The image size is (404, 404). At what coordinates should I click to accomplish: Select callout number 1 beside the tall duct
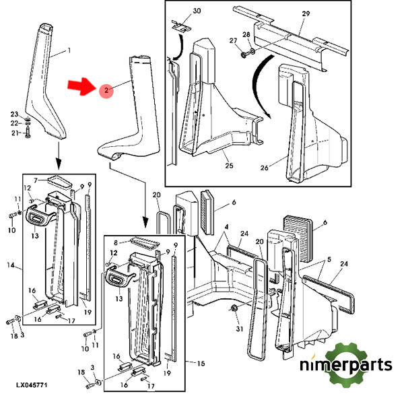click(67, 51)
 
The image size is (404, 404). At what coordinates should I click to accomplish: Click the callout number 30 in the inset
click(178, 11)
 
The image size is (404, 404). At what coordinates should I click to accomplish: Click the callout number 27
click(233, 40)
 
